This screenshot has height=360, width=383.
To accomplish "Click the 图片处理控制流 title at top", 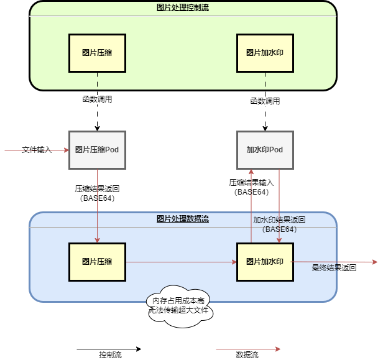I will (x=183, y=7).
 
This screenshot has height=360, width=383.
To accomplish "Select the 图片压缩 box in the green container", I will (x=97, y=53).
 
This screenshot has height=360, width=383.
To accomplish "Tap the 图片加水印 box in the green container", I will (x=265, y=53).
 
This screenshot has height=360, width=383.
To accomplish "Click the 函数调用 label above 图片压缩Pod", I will (x=97, y=99).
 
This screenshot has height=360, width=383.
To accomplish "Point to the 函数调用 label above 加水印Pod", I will (x=265, y=100).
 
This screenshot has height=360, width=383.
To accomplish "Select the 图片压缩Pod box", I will (x=97, y=150).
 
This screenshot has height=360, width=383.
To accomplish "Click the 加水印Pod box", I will (x=265, y=150).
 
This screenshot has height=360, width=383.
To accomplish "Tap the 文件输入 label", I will (x=37, y=150).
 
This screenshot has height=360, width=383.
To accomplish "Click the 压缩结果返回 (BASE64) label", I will (x=97, y=193).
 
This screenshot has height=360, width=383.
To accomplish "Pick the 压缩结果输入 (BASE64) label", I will (x=251, y=188).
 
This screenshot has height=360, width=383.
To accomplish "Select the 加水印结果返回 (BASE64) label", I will (x=279, y=224).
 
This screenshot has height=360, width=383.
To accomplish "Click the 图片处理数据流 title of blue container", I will (x=183, y=219).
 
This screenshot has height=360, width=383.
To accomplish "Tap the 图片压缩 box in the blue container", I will (x=97, y=262).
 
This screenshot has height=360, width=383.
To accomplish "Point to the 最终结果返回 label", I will (x=333, y=267).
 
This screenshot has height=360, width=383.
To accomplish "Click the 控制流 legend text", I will (x=110, y=355).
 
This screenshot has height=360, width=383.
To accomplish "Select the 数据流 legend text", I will (x=247, y=355).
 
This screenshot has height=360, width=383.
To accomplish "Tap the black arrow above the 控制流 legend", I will (x=109, y=349).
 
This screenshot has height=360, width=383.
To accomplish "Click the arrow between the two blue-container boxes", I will (x=181, y=262).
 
